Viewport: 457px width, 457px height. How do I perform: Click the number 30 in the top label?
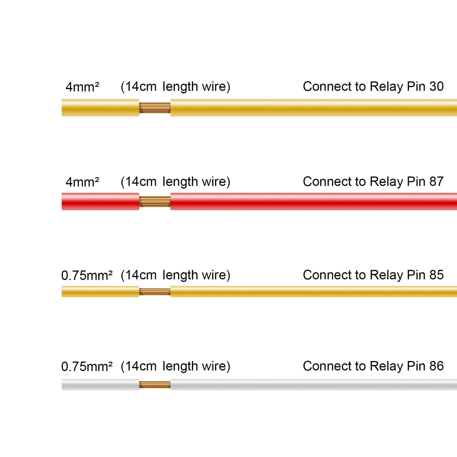436,86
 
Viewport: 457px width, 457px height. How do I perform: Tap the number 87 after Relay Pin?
436,182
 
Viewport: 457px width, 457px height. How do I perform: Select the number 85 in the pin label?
436,275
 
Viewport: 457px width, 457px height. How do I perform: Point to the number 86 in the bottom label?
436,366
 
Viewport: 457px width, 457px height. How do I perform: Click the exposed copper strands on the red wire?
155,201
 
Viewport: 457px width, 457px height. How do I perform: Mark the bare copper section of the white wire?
155,385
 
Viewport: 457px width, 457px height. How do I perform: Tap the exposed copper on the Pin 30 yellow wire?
155,108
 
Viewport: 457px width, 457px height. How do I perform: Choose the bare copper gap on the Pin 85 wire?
155,292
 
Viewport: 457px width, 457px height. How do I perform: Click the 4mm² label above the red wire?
82,182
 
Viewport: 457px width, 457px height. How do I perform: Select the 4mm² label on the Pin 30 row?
82,87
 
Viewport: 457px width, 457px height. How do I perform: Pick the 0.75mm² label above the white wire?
87,366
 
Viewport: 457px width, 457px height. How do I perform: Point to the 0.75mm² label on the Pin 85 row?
87,275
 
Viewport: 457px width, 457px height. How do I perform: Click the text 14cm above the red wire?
141,182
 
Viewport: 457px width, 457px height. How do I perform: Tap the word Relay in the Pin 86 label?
386,366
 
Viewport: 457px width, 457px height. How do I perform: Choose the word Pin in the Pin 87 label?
416,182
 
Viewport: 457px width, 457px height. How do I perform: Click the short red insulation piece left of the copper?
100,201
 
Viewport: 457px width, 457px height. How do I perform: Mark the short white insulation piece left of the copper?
100,385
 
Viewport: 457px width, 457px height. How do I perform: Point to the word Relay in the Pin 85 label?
386,275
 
